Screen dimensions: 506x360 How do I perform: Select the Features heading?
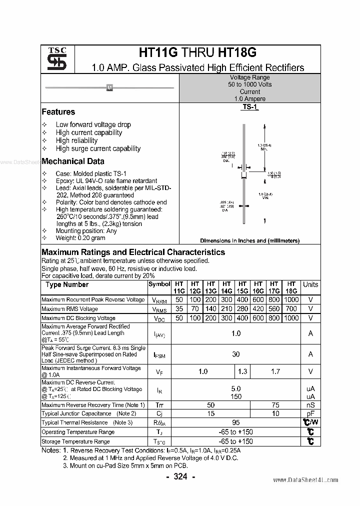[x=58, y=112]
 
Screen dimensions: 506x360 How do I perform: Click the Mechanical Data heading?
[x=73, y=161]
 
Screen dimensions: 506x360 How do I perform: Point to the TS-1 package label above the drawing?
[x=250, y=107]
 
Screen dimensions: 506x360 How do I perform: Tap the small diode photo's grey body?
[x=109, y=88]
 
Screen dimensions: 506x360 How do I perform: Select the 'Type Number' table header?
[x=67, y=284]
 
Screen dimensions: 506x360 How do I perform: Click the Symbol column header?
[x=159, y=284]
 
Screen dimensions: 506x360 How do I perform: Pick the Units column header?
[x=310, y=284]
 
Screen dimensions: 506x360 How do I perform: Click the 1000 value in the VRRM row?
[x=291, y=299]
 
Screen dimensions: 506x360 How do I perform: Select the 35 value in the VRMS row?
[x=179, y=309]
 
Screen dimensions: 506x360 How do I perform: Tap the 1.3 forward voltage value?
[x=243, y=371]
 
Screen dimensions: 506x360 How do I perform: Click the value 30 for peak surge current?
[x=236, y=354]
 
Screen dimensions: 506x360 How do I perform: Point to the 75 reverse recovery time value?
[x=274, y=405]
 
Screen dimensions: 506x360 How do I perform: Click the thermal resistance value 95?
[x=236, y=423]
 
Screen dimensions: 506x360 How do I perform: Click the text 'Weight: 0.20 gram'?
[x=80, y=238]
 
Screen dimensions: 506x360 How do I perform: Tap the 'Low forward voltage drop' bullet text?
[x=93, y=124]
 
